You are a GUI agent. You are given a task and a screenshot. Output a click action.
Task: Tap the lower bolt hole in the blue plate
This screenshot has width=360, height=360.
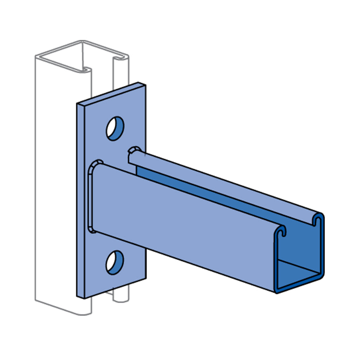pyautogui.click(x=115, y=261)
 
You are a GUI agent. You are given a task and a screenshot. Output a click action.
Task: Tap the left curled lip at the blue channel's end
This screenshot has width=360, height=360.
pyautogui.click(x=284, y=230)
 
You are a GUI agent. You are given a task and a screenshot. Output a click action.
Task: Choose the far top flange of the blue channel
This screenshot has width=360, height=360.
pyautogui.click(x=223, y=180)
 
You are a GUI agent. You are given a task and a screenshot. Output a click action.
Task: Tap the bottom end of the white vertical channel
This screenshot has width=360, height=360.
pyautogui.click(x=65, y=306)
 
